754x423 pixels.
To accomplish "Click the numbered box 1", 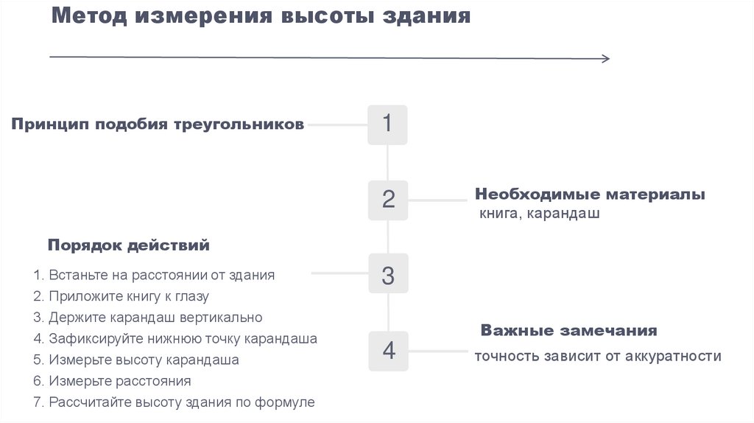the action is coord(387,125).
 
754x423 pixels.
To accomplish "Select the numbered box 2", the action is coord(387,200).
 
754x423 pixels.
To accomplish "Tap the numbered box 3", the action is coord(387,276).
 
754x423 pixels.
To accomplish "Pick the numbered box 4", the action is coord(387,351).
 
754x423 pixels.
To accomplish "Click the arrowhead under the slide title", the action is coord(605,59).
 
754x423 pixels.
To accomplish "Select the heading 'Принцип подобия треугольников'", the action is coord(157,125).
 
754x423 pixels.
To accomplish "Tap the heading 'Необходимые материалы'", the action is coord(590,195).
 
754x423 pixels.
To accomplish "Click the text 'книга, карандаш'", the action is coord(539,214).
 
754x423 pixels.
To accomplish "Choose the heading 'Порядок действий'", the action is coord(129,245).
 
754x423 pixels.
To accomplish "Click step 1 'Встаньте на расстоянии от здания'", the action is coord(154,275).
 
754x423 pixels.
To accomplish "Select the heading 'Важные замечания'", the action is coord(568,330).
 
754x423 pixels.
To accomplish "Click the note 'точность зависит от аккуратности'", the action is coord(597,356).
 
